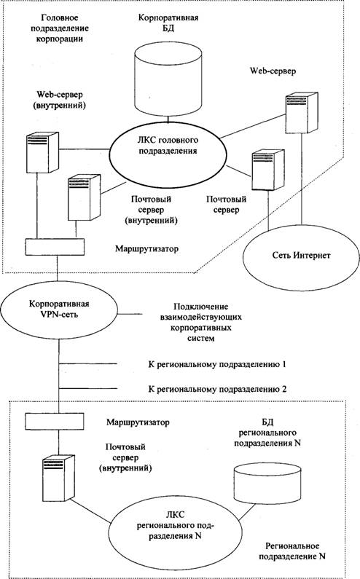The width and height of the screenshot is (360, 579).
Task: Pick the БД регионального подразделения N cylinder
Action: (267, 484)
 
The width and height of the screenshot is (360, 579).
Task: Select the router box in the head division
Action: (55, 247)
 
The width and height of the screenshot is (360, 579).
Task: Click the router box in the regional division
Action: (54, 421)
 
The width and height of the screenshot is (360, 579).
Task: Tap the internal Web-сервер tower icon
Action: (42, 152)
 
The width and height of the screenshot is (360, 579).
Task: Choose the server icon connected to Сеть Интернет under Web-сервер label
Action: (302, 113)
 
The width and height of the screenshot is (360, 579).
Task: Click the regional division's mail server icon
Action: (58, 478)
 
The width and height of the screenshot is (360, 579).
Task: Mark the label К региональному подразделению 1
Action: (217, 364)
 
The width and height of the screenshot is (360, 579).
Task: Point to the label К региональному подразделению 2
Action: (217, 389)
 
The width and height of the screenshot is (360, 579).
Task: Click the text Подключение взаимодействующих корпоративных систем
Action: (200, 323)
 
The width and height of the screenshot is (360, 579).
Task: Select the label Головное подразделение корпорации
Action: (65, 28)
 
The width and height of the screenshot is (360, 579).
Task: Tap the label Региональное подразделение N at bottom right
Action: (292, 551)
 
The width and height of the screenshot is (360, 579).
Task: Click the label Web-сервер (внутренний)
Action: (60, 100)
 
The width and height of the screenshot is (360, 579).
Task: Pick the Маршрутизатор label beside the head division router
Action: (146, 248)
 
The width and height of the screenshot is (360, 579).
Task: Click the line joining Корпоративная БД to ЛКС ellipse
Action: (168, 119)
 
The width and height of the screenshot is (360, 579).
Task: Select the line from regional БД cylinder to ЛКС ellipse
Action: (247, 513)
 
